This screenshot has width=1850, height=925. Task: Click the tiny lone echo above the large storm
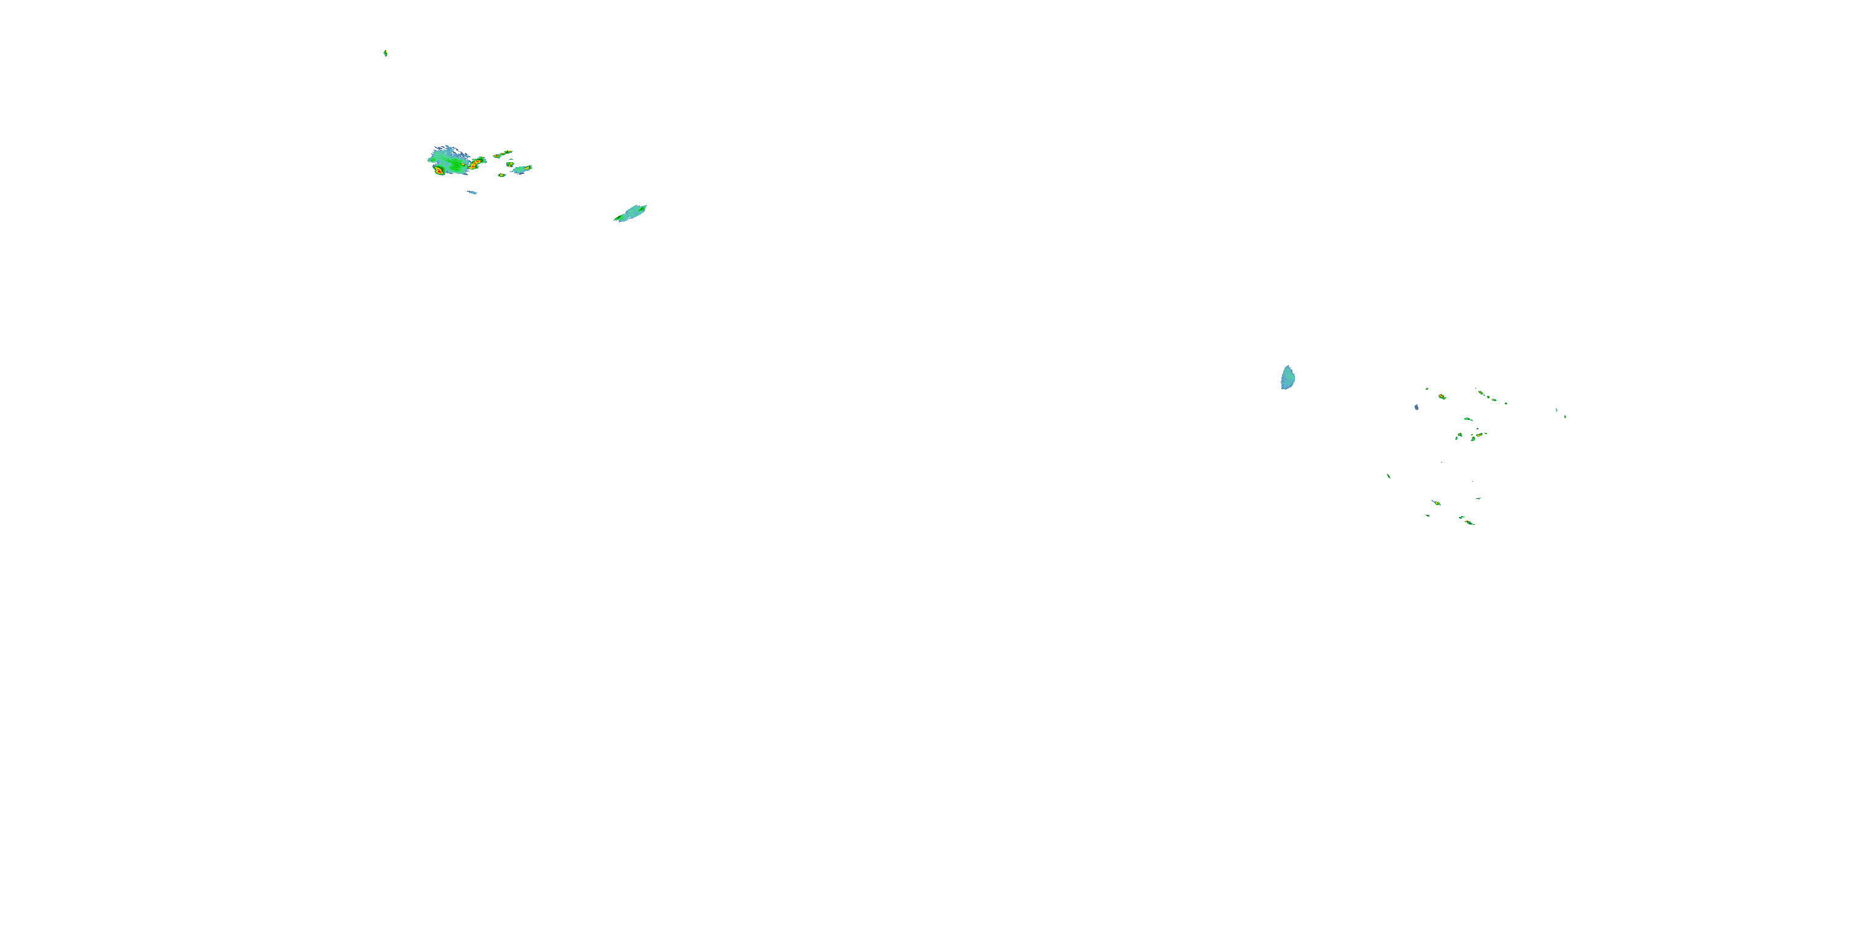[385, 52]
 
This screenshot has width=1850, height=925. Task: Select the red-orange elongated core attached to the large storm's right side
[475, 165]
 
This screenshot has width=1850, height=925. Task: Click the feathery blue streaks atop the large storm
[449, 151]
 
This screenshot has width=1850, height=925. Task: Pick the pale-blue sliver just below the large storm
[472, 192]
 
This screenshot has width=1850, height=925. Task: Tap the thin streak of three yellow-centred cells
[503, 154]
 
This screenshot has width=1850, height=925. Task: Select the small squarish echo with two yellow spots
[511, 165]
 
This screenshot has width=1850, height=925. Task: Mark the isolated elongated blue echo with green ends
[631, 213]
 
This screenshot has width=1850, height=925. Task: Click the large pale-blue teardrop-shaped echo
[1288, 378]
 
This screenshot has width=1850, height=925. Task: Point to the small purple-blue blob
[1416, 407]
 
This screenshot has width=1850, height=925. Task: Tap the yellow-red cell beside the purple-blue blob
[1441, 397]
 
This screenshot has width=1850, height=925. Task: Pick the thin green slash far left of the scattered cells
[1388, 475]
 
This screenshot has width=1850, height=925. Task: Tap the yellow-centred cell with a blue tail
[1436, 503]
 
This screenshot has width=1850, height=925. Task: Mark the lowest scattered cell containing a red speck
[1468, 521]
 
